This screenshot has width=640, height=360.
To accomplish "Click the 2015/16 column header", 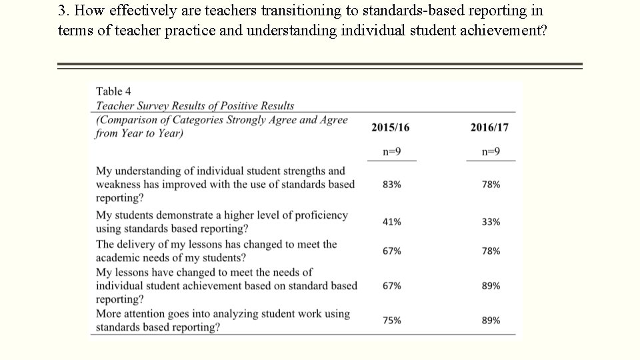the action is click(391, 127).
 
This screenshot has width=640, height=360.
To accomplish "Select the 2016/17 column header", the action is click(489, 127).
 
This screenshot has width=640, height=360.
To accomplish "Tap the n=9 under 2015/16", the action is click(391, 151).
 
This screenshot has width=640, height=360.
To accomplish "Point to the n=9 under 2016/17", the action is click(491, 151).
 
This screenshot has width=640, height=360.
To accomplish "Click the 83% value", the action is click(392, 185).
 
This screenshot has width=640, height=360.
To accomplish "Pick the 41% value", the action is click(392, 222).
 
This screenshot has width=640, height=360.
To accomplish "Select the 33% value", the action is click(491, 222).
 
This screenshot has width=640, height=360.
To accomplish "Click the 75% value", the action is click(392, 321).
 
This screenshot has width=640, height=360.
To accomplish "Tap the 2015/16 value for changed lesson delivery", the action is click(392, 251).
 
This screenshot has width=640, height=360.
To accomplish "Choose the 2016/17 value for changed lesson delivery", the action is click(491, 251).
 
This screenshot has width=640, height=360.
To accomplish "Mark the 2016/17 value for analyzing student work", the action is click(491, 321).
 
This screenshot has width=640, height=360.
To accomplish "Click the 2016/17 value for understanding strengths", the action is click(491, 185).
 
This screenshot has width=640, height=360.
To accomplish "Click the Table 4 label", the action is click(113, 91).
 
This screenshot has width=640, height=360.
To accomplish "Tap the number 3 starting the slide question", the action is click(62, 11).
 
